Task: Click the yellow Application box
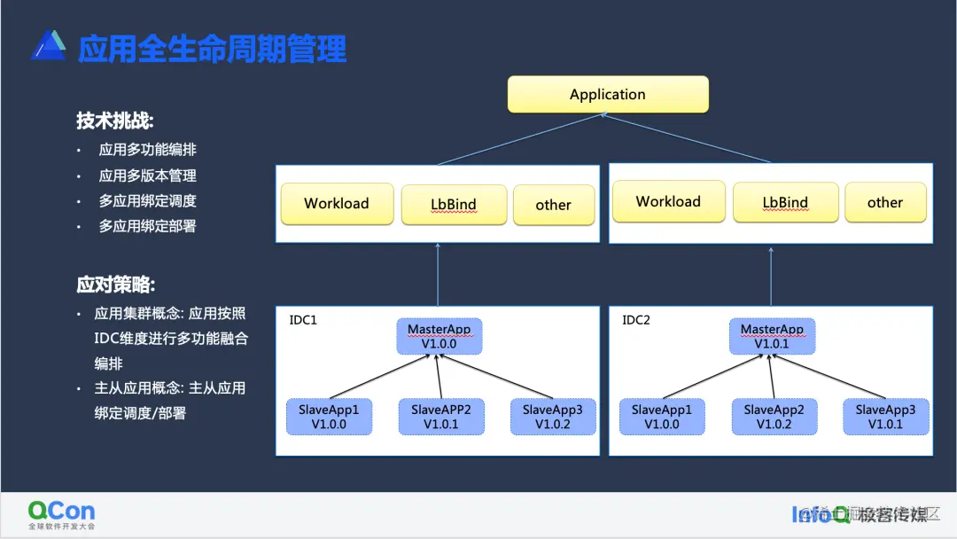pos(608,94)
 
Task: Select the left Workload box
pos(337,203)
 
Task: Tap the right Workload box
pos(668,201)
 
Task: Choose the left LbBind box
pos(454,204)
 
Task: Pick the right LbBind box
pos(785,202)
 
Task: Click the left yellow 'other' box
pos(553,205)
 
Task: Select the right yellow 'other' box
pos(884,202)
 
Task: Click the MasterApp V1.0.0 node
pos(440,336)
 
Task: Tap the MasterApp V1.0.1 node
pos(772,336)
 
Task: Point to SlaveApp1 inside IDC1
pos(329,417)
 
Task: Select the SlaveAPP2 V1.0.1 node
pos(440,417)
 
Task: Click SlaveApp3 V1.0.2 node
pos(552,417)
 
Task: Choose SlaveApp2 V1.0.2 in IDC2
pos(774,417)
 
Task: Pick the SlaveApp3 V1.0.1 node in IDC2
pos(885,417)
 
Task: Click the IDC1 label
pos(303,320)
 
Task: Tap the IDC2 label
pos(635,320)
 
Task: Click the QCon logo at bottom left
pos(61,514)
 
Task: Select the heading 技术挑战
pos(115,121)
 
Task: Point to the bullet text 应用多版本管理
pos(147,176)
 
